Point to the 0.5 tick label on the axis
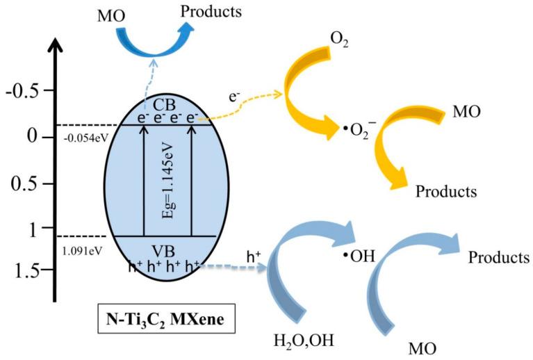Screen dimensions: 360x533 24,184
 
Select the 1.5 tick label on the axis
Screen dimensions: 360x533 24,269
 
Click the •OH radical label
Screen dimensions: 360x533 359,256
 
